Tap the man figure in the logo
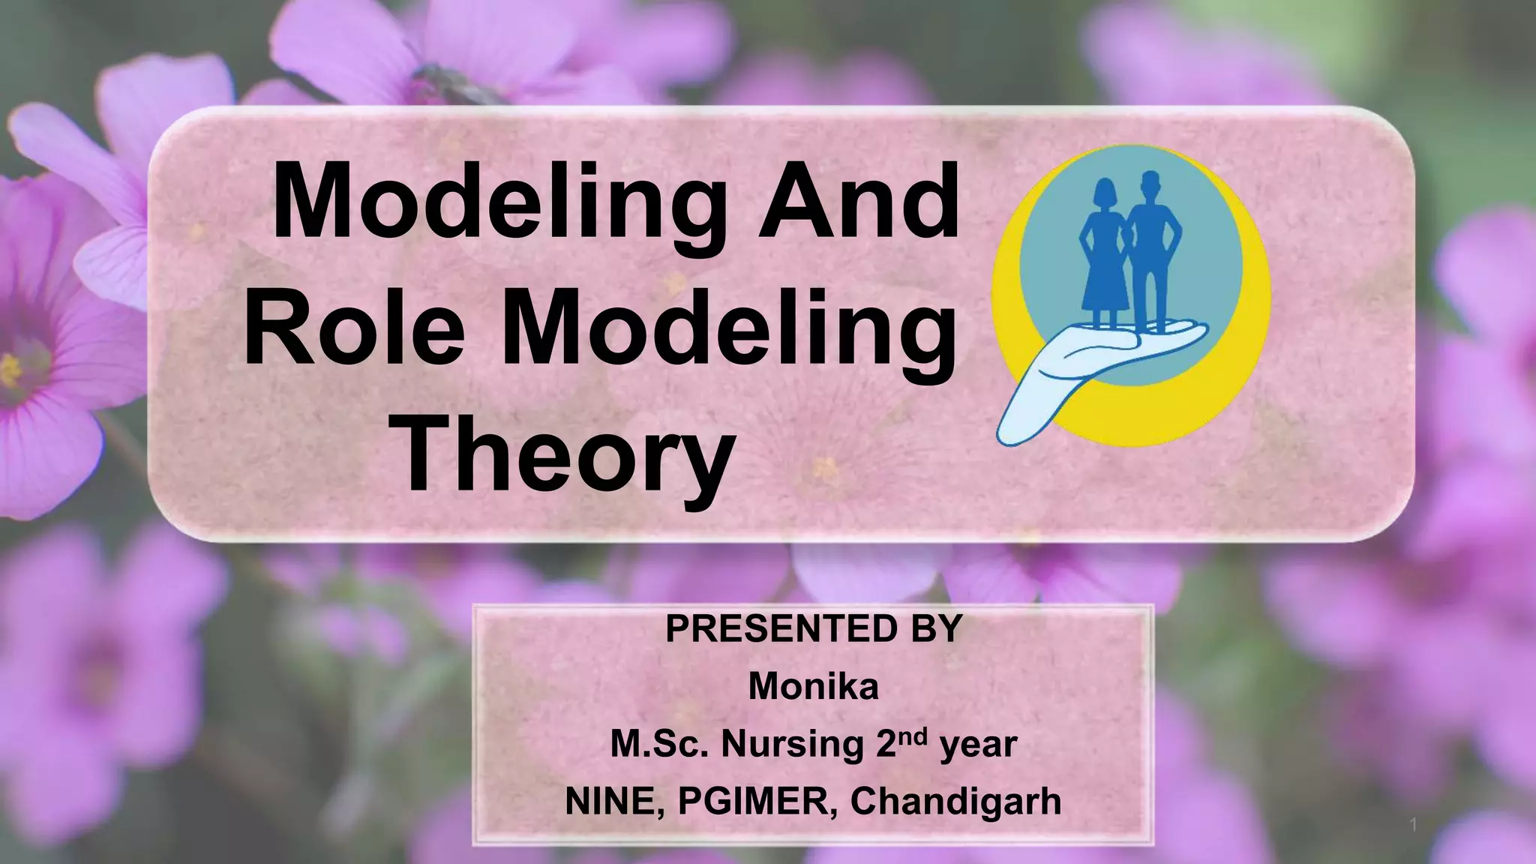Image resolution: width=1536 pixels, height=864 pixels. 1149,247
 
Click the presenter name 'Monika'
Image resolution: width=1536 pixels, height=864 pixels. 813,685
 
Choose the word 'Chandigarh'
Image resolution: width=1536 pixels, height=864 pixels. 955,801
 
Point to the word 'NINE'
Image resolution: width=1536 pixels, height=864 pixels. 614,801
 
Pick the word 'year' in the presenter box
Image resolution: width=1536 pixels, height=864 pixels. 979,744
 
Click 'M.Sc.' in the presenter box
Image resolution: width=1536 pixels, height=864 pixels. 658,744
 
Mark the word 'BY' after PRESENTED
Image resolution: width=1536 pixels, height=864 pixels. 936,628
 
